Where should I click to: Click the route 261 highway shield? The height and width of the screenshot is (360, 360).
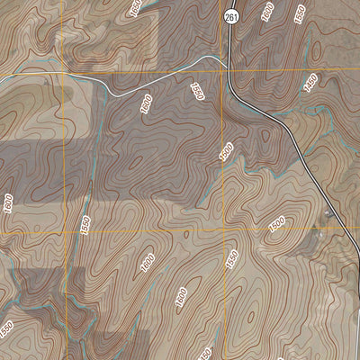(x=231, y=16)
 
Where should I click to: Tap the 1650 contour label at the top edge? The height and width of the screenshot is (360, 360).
(x=136, y=8)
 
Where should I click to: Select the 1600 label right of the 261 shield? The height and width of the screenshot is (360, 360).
(x=266, y=13)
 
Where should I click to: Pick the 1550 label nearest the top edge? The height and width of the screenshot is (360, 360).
(x=300, y=13)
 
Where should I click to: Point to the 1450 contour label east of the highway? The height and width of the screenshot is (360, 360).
(x=311, y=82)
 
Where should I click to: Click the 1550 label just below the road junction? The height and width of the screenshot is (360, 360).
(x=197, y=91)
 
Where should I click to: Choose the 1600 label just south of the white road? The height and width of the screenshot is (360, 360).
(x=146, y=104)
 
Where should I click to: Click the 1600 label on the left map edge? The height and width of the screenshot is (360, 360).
(x=8, y=203)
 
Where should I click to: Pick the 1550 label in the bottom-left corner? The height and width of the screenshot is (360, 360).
(x=7, y=328)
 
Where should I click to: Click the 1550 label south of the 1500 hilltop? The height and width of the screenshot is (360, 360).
(x=232, y=259)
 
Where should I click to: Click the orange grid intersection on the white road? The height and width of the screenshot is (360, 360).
(x=65, y=72)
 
